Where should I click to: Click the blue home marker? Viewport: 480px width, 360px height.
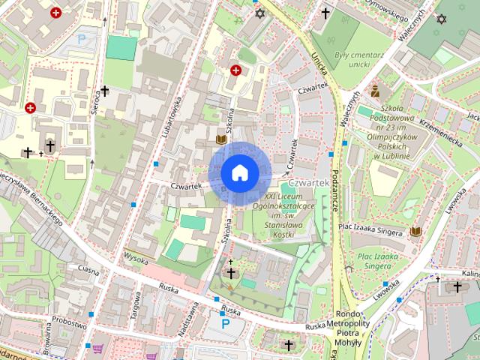point(239,173)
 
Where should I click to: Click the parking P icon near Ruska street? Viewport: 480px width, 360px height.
point(226,324)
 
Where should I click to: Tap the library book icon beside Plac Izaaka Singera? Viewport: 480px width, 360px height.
point(415,231)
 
